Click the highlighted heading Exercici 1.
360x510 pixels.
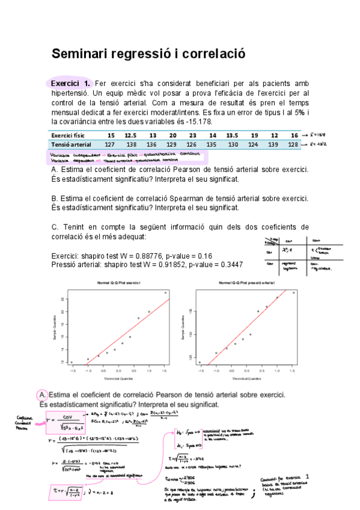[70, 83]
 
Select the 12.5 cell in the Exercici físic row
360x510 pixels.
[130, 135]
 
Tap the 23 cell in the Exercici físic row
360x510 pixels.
[192, 135]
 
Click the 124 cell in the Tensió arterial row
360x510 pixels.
[254, 145]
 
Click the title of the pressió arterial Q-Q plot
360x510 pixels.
[246, 282]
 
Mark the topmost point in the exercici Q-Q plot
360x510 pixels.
[166, 292]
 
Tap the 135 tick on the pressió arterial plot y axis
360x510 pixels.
[191, 311]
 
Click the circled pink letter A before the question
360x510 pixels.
[42, 395]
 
